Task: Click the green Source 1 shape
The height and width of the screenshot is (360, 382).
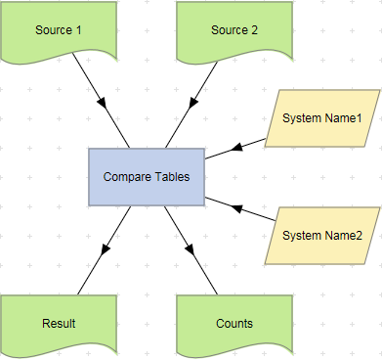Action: [59, 30]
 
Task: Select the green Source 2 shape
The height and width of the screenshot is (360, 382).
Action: [234, 30]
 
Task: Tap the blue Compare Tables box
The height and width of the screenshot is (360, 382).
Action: [147, 177]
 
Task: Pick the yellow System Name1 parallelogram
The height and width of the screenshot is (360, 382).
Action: [321, 118]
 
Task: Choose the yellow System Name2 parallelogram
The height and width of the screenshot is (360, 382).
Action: [321, 236]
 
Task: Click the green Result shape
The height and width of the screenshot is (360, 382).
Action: [59, 323]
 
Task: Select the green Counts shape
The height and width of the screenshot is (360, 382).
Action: [234, 323]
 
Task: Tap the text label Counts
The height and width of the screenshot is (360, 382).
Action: [234, 323]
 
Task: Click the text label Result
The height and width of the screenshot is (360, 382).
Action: [59, 323]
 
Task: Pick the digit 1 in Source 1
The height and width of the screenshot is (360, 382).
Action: [79, 30]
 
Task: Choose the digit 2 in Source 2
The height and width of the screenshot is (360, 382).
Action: [255, 30]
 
